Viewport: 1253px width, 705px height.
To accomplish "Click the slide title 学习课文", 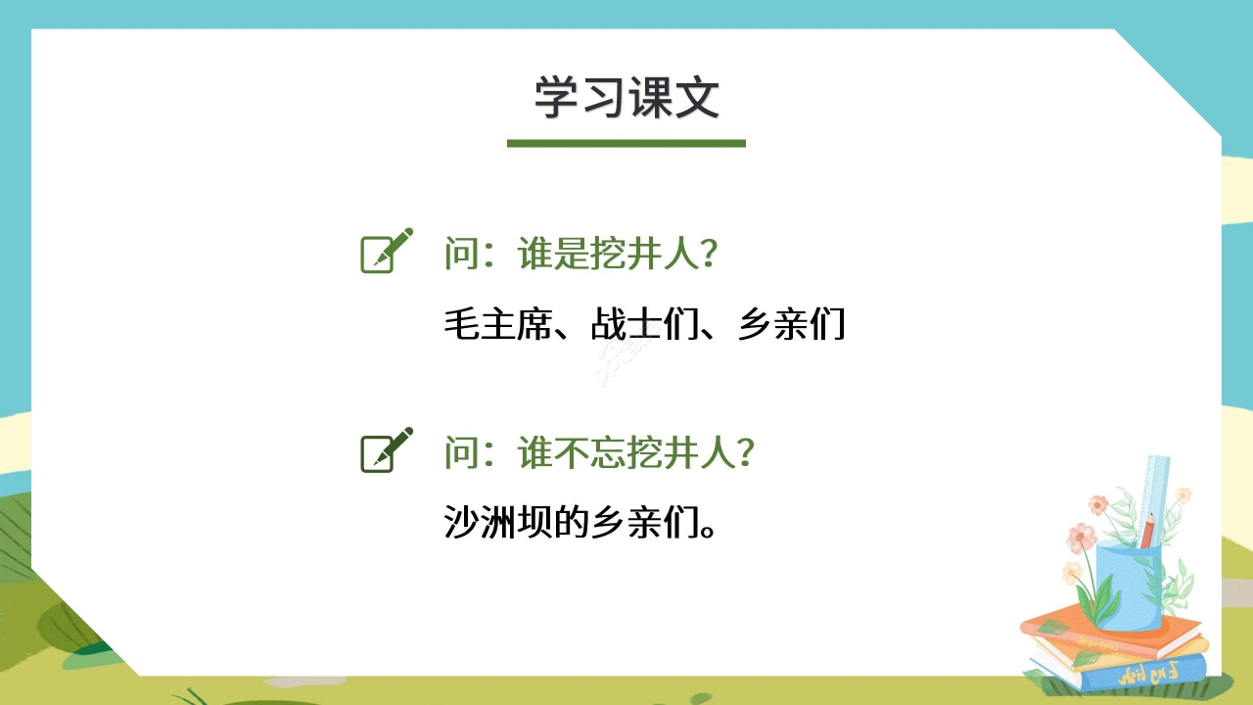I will (626, 98).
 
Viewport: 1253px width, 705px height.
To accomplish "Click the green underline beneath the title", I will (626, 143).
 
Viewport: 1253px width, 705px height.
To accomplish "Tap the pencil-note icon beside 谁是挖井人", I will (386, 252).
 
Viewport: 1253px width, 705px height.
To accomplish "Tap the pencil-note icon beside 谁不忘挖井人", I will (386, 450).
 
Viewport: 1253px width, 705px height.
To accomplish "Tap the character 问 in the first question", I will (460, 256).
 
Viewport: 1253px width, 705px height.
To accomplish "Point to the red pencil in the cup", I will (1147, 529).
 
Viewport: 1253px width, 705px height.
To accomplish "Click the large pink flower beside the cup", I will (1082, 537).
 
